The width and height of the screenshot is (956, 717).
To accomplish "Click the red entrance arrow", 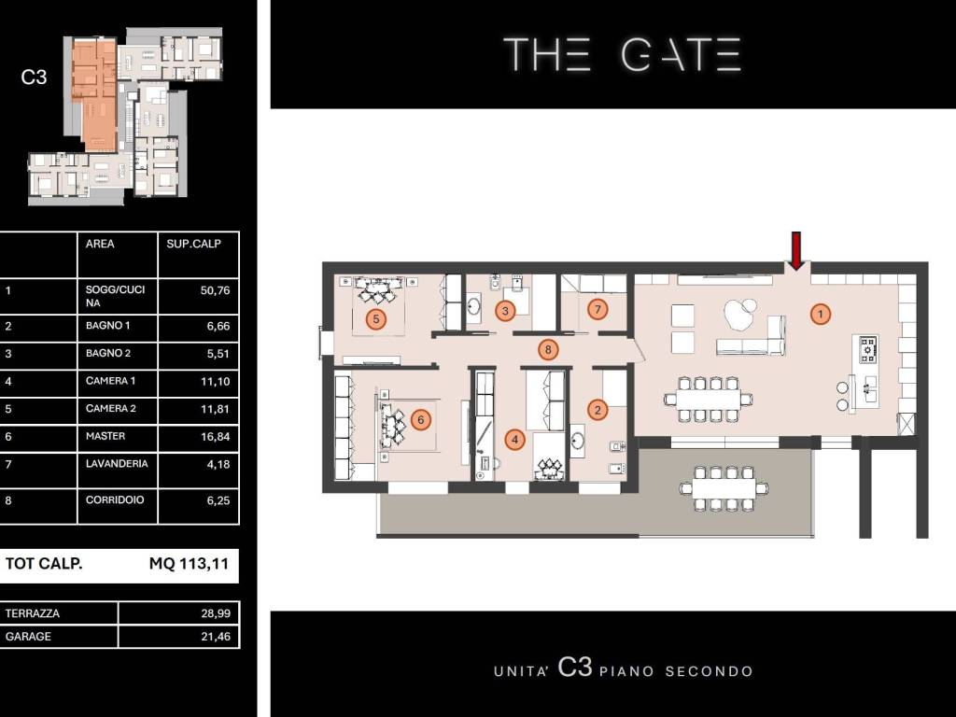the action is tap(796, 250).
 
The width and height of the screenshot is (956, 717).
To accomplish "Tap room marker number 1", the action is tap(821, 315).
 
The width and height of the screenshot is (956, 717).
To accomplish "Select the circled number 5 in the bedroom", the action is tap(376, 319).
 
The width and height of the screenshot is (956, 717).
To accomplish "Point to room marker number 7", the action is tap(597, 310).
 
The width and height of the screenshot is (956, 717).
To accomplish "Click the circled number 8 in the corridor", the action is tap(548, 349).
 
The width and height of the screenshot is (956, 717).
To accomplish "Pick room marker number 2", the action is tap(597, 410).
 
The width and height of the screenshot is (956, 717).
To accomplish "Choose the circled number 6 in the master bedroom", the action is tap(421, 419).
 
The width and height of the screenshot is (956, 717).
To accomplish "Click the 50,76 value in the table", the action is tap(216, 290).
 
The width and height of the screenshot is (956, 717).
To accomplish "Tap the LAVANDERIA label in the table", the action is tap(117, 463).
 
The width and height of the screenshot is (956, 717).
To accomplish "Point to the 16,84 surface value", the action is tap(216, 437).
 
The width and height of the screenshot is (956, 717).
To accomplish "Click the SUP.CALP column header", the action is tap(194, 244).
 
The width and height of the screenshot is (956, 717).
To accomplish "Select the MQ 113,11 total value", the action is tap(189, 563).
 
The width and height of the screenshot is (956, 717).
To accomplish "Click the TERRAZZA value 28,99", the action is tap(216, 613).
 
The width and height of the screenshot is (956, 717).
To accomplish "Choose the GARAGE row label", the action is tap(28, 637).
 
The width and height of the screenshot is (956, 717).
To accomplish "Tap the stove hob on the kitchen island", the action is tap(867, 349).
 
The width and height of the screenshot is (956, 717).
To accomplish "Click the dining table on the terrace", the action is tap(724, 487).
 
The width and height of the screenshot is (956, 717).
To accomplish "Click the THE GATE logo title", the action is tap(623, 54).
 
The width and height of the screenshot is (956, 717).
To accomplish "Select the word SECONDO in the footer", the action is tap(710, 672).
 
